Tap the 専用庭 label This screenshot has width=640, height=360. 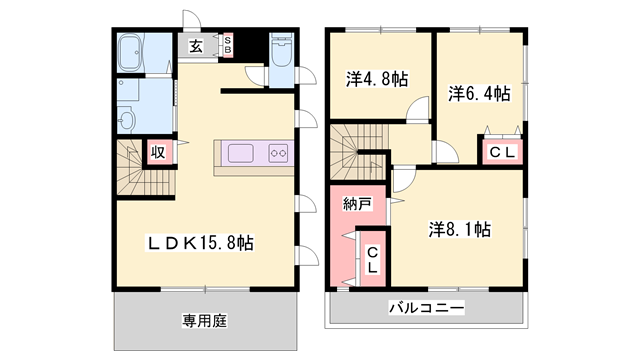point(205,321)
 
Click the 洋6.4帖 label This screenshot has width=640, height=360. point(479,94)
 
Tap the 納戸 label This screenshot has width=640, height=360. point(357,204)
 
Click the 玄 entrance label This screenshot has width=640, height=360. point(196,46)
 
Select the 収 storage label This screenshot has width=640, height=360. point(159,152)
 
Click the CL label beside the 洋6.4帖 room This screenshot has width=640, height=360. point(501,152)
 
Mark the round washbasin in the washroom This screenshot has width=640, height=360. point(126,120)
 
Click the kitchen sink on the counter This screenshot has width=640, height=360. point(243,153)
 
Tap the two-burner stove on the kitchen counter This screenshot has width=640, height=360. point(278,153)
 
